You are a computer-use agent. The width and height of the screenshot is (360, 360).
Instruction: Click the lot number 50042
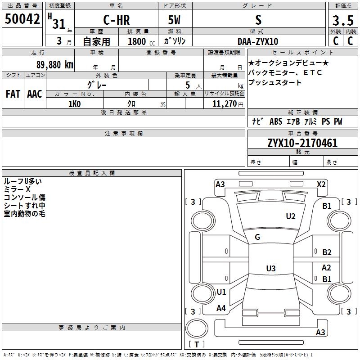click(22, 19)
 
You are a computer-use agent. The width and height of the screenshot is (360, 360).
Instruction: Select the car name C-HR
click(117, 20)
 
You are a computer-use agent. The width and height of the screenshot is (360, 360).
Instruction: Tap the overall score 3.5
click(343, 20)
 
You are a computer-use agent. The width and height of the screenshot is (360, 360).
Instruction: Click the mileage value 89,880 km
click(55, 65)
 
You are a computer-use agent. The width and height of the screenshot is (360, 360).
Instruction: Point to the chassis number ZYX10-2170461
click(302, 143)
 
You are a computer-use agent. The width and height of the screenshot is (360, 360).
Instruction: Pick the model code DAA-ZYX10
click(258, 41)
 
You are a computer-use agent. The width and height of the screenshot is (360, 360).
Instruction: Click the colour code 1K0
click(75, 104)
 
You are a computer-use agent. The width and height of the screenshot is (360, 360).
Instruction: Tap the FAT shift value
click(13, 94)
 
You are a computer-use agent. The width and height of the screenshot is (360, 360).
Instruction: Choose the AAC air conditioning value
click(35, 94)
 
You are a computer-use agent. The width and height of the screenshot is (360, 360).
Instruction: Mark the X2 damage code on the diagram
click(321, 184)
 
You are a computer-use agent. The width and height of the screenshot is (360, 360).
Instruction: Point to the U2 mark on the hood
click(291, 216)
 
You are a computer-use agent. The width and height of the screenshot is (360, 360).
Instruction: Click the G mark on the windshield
click(257, 237)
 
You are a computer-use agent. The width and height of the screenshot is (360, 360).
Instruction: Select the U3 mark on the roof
click(271, 268)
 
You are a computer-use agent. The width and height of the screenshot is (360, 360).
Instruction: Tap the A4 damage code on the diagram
click(221, 308)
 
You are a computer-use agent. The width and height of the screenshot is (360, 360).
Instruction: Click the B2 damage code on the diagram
click(327, 252)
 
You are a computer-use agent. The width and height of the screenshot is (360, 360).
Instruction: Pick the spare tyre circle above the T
click(197, 328)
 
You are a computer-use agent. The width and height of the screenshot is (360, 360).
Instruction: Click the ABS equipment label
click(276, 121)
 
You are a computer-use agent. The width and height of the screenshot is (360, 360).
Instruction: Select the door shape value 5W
click(174, 20)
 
